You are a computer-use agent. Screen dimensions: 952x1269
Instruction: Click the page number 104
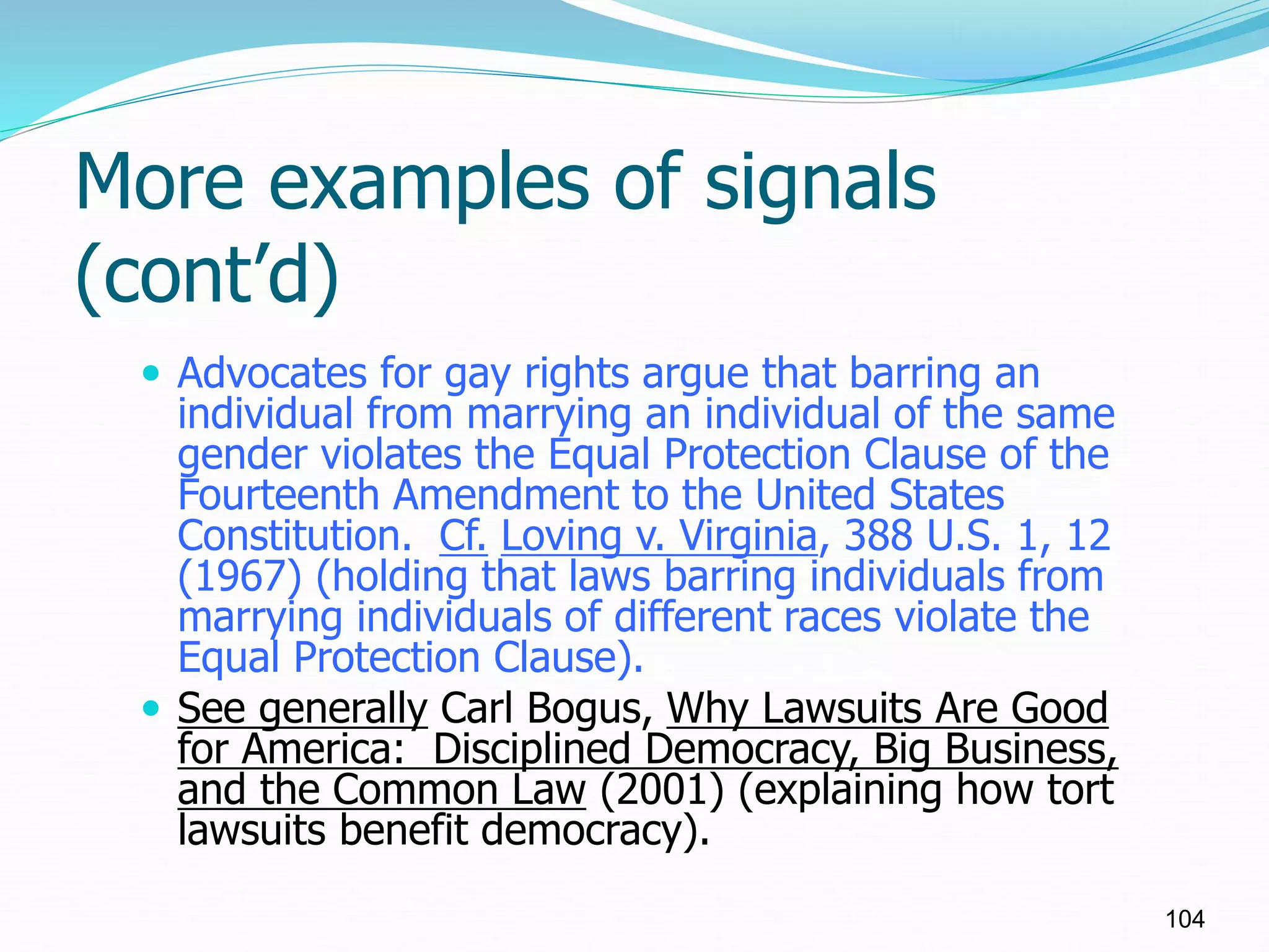1185,919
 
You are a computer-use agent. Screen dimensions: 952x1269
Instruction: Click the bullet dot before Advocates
150,374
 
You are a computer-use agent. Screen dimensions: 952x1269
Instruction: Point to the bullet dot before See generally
150,707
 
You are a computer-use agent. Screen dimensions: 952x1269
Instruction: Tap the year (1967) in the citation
239,576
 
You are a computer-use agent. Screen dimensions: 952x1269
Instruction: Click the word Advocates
271,374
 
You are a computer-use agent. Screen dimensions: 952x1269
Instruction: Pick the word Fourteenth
278,495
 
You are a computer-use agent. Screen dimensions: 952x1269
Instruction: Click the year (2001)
662,790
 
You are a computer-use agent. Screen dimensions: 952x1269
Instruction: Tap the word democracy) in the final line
595,831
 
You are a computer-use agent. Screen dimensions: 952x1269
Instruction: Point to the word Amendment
506,495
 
